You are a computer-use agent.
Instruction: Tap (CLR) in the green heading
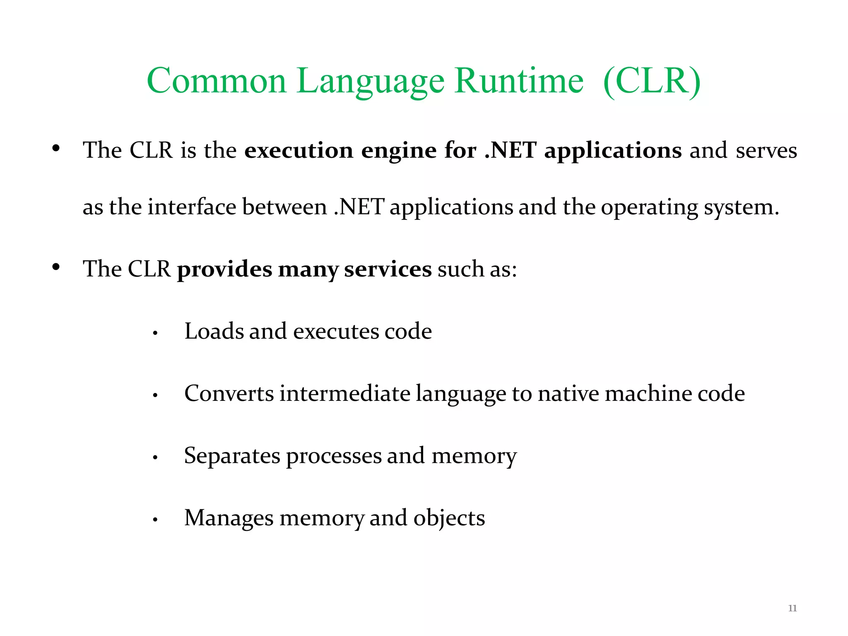(x=652, y=81)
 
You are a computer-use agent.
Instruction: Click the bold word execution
(x=299, y=150)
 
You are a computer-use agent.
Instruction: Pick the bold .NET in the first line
(x=510, y=150)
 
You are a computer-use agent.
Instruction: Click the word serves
(x=766, y=150)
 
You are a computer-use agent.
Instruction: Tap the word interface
(x=192, y=207)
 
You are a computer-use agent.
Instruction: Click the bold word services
(x=388, y=269)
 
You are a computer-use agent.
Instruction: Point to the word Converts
(x=229, y=393)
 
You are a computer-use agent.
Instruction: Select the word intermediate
(x=345, y=393)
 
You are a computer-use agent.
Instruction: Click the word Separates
(x=232, y=456)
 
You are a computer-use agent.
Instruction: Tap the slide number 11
(x=792, y=608)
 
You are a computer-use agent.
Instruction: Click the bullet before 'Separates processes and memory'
(x=155, y=458)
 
